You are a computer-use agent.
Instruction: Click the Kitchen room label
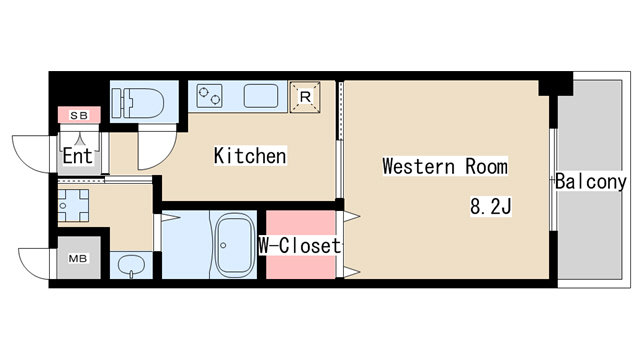pos(250,156)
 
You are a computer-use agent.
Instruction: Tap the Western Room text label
pos(445,166)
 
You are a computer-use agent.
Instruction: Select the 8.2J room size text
pos(491,206)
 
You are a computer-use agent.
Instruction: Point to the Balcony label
pos(591,182)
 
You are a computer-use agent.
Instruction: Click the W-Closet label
pos(299,245)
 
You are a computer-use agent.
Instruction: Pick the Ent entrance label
pos(78,156)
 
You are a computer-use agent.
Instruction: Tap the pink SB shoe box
pos(79,115)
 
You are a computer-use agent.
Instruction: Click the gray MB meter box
pos(78,258)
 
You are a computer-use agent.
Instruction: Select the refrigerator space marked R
pos(305,97)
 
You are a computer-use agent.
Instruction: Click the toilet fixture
pos(138,102)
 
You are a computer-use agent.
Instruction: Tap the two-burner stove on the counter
pos(209,96)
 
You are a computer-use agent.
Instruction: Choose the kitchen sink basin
pos(261,96)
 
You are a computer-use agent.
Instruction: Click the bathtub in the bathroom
pos(234,245)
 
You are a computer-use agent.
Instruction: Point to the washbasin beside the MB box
pos(131,266)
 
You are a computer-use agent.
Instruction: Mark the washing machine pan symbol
pos(73,205)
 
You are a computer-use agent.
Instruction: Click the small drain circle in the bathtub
pos(223,245)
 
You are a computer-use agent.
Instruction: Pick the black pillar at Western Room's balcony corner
pos(556,86)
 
